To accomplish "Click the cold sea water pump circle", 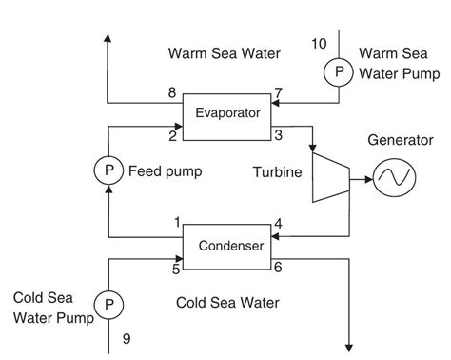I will (109, 304).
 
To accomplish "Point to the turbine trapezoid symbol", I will (329, 178).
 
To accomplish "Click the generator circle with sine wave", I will (392, 177).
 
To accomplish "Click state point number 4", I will (279, 224).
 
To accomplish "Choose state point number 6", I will (279, 269).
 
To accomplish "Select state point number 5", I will (175, 269).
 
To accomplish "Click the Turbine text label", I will (277, 172).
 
